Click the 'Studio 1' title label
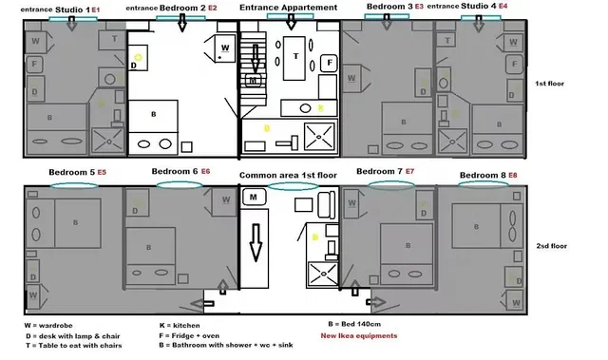click(x=73, y=9)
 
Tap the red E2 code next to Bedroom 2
click(x=212, y=8)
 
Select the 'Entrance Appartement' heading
click(x=288, y=8)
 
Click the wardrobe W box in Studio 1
click(x=35, y=42)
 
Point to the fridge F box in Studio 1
click(x=34, y=66)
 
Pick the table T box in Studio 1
click(x=114, y=39)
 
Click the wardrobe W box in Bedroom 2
click(x=224, y=47)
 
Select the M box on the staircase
click(x=253, y=82)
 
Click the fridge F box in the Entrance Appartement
click(x=329, y=62)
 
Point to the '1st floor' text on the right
click(x=550, y=84)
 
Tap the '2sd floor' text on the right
click(x=551, y=246)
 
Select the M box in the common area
click(x=254, y=198)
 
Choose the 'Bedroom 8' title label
click(x=483, y=176)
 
